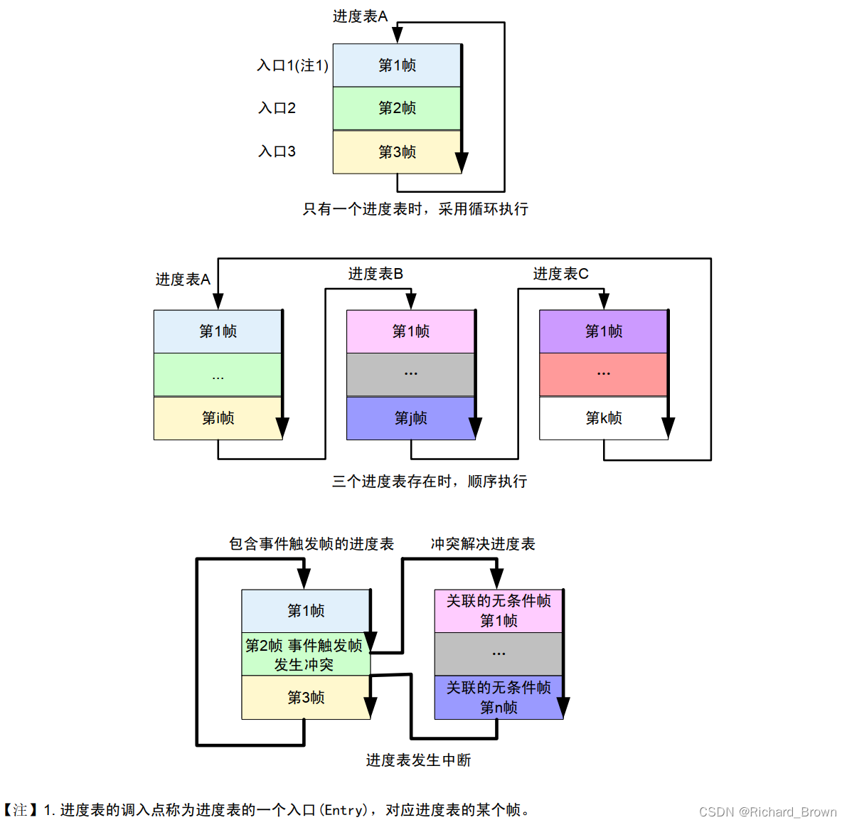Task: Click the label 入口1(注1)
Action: [x=292, y=65]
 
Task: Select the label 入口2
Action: [x=277, y=108]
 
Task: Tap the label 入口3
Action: [x=277, y=151]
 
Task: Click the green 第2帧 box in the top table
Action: [x=396, y=108]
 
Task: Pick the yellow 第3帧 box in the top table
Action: [x=396, y=152]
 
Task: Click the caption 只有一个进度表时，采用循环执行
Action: [x=415, y=209]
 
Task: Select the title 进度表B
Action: [x=375, y=274]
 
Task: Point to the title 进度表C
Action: [x=560, y=274]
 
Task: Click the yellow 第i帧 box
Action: [x=218, y=418]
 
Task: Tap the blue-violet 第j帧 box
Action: [x=410, y=418]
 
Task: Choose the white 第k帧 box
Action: [x=603, y=418]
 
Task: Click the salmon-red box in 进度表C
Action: [x=603, y=374]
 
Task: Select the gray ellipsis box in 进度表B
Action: [x=410, y=374]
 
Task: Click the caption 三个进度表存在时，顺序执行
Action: [x=430, y=481]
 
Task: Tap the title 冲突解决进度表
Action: [x=482, y=544]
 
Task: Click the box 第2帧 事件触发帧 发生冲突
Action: [x=305, y=654]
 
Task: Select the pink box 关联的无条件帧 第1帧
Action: [x=498, y=611]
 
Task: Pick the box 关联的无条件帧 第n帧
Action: [x=498, y=698]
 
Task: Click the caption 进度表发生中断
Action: [x=418, y=760]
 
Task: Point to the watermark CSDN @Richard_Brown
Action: [x=767, y=811]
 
